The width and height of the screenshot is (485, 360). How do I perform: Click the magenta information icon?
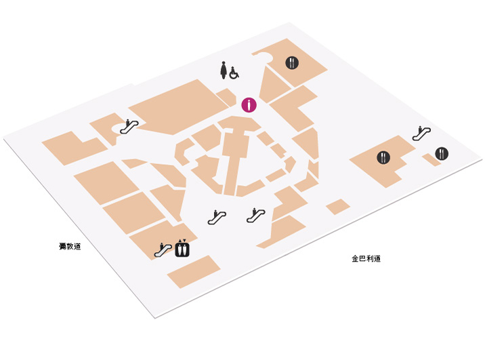point(249,105)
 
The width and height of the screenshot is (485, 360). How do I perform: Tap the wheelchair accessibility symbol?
point(234,73)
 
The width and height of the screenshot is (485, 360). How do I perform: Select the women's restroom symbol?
point(224,71)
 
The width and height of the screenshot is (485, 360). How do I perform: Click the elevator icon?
point(182,249)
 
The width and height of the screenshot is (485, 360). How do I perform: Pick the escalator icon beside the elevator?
point(163,250)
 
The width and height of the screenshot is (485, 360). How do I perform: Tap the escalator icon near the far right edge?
point(421,134)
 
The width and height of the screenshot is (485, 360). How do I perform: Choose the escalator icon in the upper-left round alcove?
point(129,127)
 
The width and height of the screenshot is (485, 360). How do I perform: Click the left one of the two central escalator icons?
point(217,217)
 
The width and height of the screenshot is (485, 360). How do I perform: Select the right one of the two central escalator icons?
point(256,215)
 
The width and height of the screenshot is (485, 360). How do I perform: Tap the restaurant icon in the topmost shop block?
point(292,63)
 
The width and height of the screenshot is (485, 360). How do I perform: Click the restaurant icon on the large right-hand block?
point(383,157)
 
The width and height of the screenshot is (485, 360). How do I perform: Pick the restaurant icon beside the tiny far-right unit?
point(442,153)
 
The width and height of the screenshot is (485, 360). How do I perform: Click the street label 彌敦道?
point(70,246)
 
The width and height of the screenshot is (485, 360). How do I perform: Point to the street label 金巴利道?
point(366,258)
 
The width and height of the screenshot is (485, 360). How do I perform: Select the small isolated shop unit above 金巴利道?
point(338,207)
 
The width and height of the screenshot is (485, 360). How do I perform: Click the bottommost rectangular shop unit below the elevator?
point(194,271)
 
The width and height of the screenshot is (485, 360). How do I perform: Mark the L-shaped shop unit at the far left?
point(75,148)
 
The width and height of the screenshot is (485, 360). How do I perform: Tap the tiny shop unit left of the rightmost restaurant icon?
point(431,160)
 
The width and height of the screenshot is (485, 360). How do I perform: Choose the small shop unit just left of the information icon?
point(227,97)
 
